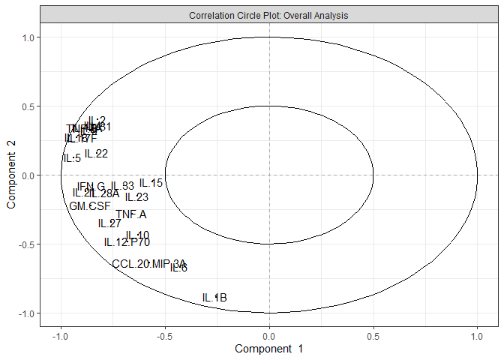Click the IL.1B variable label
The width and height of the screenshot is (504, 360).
coord(214,298)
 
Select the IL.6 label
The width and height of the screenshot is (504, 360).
coord(179,268)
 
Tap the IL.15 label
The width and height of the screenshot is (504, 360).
coord(151,183)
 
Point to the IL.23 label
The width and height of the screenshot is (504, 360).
coord(136,197)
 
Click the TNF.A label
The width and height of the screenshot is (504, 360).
coord(131,214)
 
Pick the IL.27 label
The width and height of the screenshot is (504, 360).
coord(109,223)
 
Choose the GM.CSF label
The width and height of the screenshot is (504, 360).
coord(90,206)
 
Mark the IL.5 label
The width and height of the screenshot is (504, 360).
coord(72,158)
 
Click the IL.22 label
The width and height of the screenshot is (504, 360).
coord(96,154)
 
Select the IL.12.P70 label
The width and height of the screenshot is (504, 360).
coord(127,242)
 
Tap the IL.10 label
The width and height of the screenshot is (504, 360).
coord(138,235)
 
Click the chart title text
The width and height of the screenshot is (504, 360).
coord(268,15)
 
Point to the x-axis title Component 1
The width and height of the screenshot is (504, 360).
coord(268,349)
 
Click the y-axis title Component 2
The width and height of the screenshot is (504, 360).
coord(12,175)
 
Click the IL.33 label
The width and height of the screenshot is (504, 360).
coord(123,186)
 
